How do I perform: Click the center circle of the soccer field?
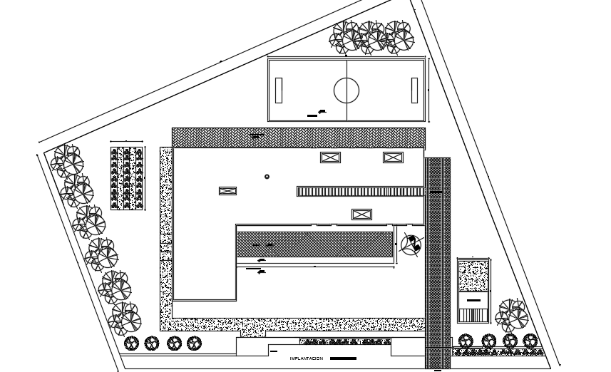click(x=346, y=91)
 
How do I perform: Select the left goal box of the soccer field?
click(x=278, y=91)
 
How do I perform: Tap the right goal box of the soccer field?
click(x=414, y=91)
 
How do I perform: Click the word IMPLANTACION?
click(x=306, y=358)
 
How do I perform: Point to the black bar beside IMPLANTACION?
click(x=343, y=358)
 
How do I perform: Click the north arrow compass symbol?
click(x=411, y=244)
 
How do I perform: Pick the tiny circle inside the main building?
click(x=267, y=177)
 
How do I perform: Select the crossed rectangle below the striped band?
click(x=361, y=214)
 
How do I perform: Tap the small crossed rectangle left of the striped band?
click(x=227, y=190)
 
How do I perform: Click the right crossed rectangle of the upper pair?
click(x=394, y=157)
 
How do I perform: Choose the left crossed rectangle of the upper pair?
click(x=330, y=157)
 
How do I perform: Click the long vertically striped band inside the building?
click(x=360, y=191)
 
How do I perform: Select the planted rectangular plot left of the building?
click(x=127, y=178)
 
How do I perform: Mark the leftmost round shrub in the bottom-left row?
click(x=130, y=343)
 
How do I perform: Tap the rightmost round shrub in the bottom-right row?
click(x=530, y=341)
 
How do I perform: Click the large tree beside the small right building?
click(x=512, y=314)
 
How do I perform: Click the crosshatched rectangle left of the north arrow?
click(x=314, y=244)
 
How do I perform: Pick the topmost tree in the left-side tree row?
click(x=66, y=160)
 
